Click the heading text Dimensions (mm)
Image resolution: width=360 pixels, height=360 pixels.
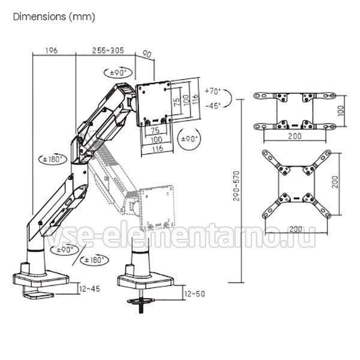tap(54, 17)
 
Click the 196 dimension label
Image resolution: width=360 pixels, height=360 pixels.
tap(51, 50)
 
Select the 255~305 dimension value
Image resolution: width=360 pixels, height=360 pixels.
tap(108, 50)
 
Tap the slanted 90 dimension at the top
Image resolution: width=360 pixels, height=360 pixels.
tap(147, 54)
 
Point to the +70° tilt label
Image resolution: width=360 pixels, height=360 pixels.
tap(212, 91)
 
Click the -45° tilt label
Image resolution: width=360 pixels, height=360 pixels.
tap(213, 106)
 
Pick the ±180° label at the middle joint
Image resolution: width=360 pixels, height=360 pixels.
tap(53, 159)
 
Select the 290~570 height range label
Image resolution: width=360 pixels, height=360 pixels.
tap(236, 186)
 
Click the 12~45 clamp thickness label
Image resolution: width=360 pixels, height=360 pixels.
tap(89, 289)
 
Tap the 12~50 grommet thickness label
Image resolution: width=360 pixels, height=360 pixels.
tap(194, 293)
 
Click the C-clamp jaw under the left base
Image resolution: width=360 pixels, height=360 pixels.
tap(38, 295)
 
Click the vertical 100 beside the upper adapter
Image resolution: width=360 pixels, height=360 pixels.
tap(341, 110)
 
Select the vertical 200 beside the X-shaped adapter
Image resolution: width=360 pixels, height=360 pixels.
tap(335, 182)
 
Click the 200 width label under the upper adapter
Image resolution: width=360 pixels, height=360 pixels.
tap(295, 136)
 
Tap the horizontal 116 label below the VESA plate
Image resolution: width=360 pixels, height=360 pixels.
tap(157, 148)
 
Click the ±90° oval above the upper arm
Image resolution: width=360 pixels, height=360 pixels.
tap(118, 73)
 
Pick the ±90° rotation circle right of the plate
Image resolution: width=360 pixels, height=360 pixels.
tap(189, 139)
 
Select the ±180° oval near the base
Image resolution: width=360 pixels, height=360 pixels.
tap(94, 260)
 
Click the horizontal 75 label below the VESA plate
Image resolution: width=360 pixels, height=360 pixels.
tap(155, 130)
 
